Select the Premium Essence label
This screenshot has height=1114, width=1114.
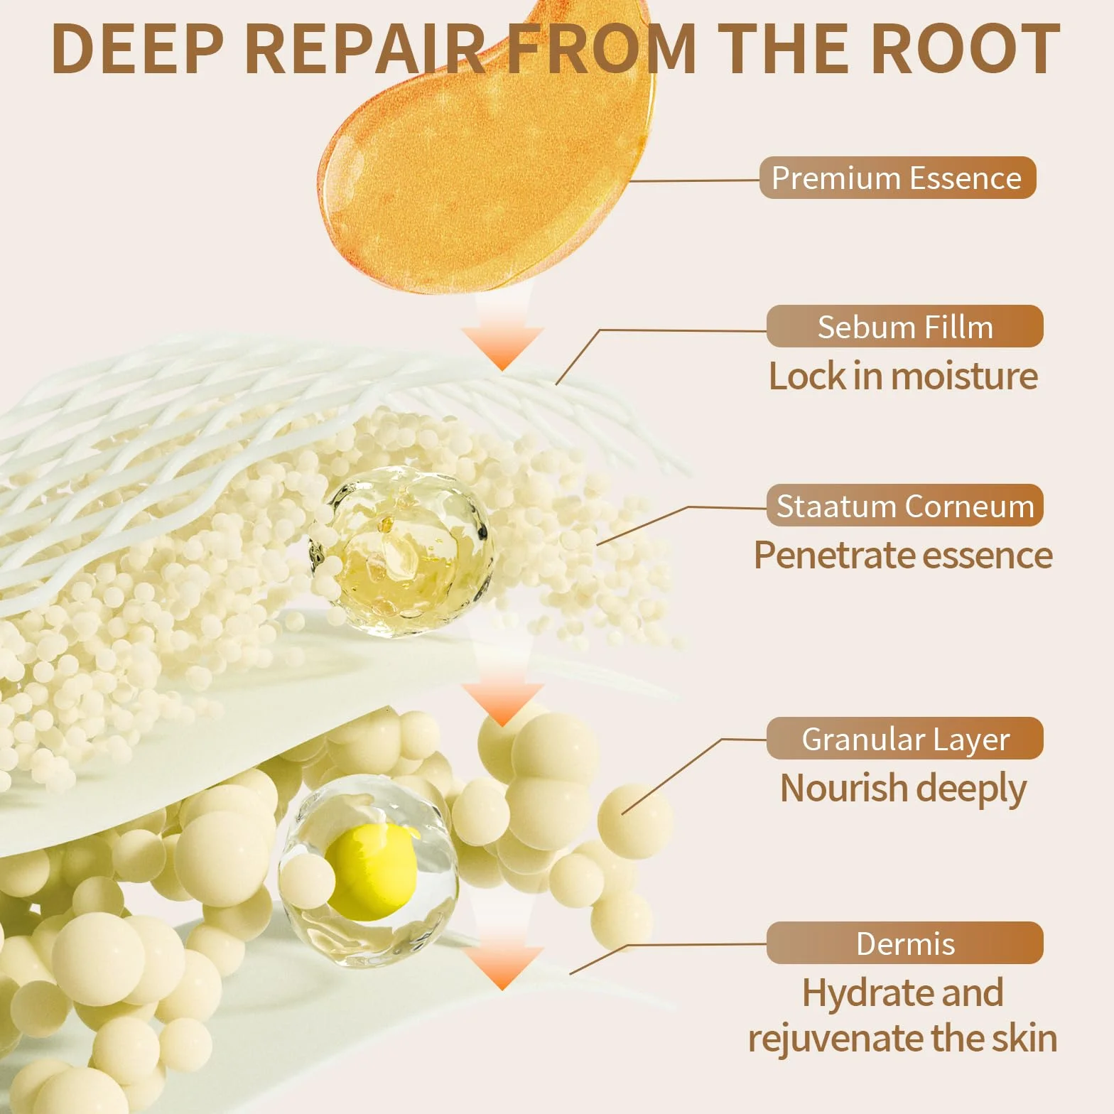tap(897, 178)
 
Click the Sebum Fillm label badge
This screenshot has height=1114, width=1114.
tap(904, 327)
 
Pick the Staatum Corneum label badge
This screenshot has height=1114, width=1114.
tap(904, 506)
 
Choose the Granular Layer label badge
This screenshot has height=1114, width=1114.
tap(904, 739)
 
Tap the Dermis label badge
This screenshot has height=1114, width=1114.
tap(904, 943)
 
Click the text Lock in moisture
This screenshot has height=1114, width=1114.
tap(903, 376)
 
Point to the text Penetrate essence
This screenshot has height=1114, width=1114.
tap(903, 555)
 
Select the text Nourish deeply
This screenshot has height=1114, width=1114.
tap(903, 789)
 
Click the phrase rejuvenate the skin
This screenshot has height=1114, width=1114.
tap(902, 1039)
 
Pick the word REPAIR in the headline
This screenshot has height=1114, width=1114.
tap(367, 48)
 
